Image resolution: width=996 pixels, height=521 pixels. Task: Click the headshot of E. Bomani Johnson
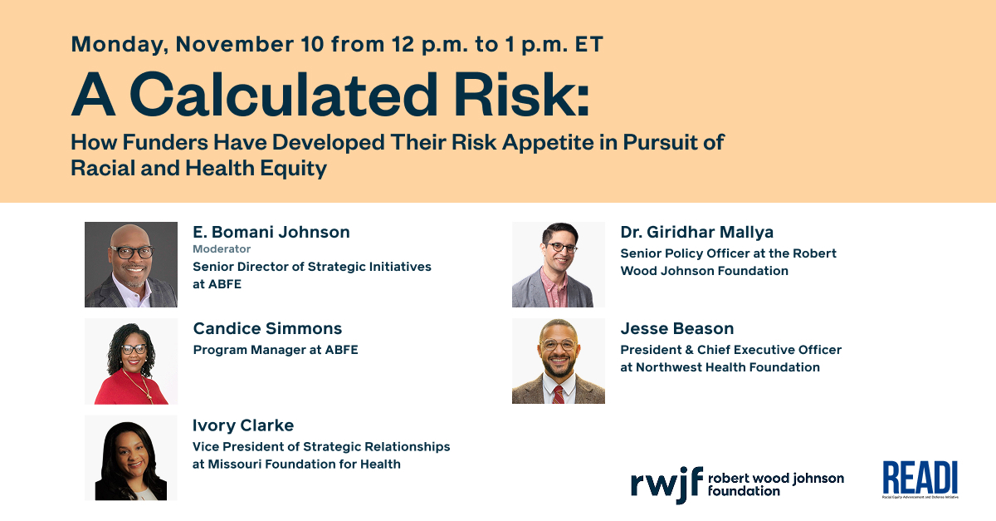click(131, 264)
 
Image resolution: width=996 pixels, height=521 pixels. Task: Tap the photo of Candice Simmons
click(131, 361)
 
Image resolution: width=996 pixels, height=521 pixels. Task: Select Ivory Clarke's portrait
click(131, 458)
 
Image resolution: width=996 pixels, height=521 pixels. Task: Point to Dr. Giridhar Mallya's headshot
click(559, 264)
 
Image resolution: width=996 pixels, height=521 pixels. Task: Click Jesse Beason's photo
click(559, 361)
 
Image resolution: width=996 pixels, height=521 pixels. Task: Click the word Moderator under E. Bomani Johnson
click(222, 249)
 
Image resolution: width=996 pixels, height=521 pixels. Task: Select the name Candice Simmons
click(267, 328)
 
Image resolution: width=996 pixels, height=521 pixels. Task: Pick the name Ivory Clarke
click(243, 425)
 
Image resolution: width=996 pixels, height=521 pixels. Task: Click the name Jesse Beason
click(677, 328)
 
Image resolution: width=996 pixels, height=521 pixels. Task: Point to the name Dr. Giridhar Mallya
click(697, 232)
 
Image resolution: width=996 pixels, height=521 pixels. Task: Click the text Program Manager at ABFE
click(276, 350)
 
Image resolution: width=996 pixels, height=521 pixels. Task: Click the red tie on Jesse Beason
click(559, 392)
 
